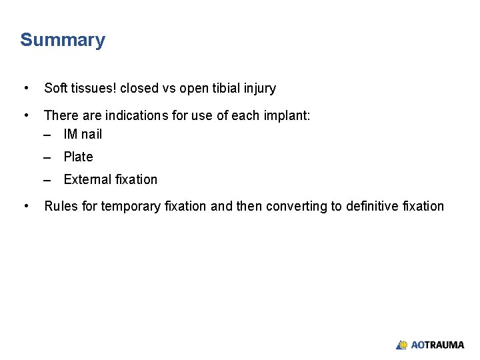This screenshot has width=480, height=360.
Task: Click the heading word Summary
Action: coord(63,41)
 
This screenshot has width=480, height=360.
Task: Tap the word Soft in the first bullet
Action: coord(55,88)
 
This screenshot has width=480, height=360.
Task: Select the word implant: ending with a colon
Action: coord(287,115)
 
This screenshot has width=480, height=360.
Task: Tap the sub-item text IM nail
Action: coord(83,134)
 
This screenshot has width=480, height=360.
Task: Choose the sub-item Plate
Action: coord(78,157)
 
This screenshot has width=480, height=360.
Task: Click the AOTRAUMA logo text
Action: coord(437,345)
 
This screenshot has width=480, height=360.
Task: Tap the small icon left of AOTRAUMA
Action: coord(401,345)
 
